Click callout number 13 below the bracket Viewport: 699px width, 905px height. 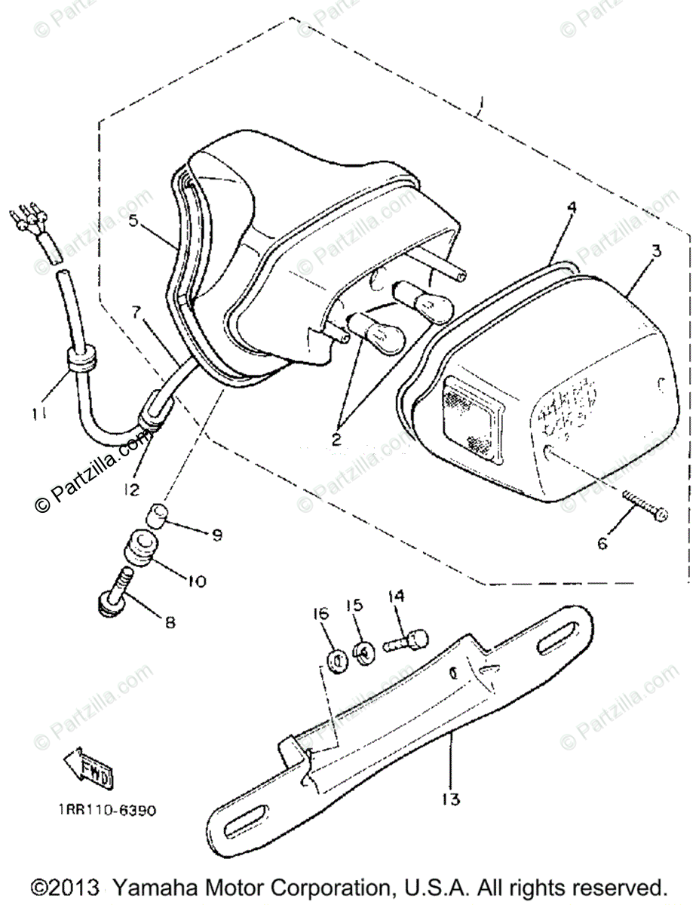[451, 799]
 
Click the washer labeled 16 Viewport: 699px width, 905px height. [336, 661]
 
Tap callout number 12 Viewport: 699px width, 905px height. [131, 490]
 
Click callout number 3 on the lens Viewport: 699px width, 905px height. [656, 251]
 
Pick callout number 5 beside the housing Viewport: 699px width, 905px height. [133, 222]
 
